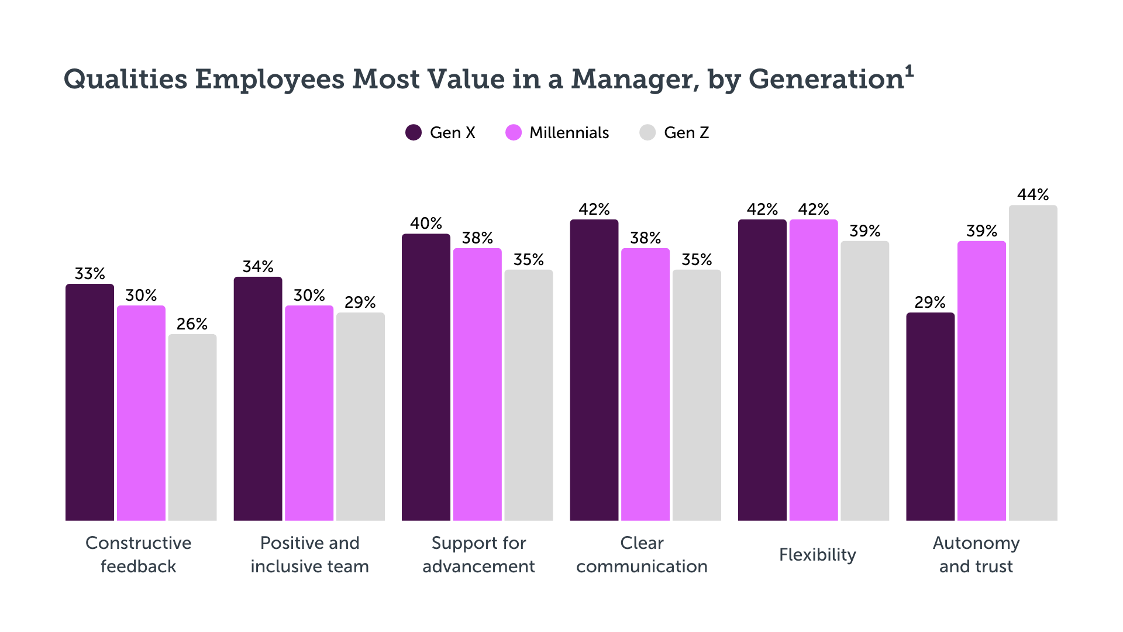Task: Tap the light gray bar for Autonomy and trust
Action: coord(1033,363)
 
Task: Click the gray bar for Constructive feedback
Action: coord(192,427)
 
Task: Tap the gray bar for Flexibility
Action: coord(864,380)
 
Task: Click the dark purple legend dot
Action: coord(414,133)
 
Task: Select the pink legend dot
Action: coord(514,133)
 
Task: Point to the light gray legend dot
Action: coord(647,133)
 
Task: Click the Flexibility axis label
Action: coord(817,555)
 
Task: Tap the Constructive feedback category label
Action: coord(139,555)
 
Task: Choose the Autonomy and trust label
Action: coord(976,555)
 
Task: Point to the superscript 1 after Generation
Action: coord(909,71)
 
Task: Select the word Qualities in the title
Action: coord(125,80)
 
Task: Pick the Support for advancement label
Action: coord(478,555)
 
